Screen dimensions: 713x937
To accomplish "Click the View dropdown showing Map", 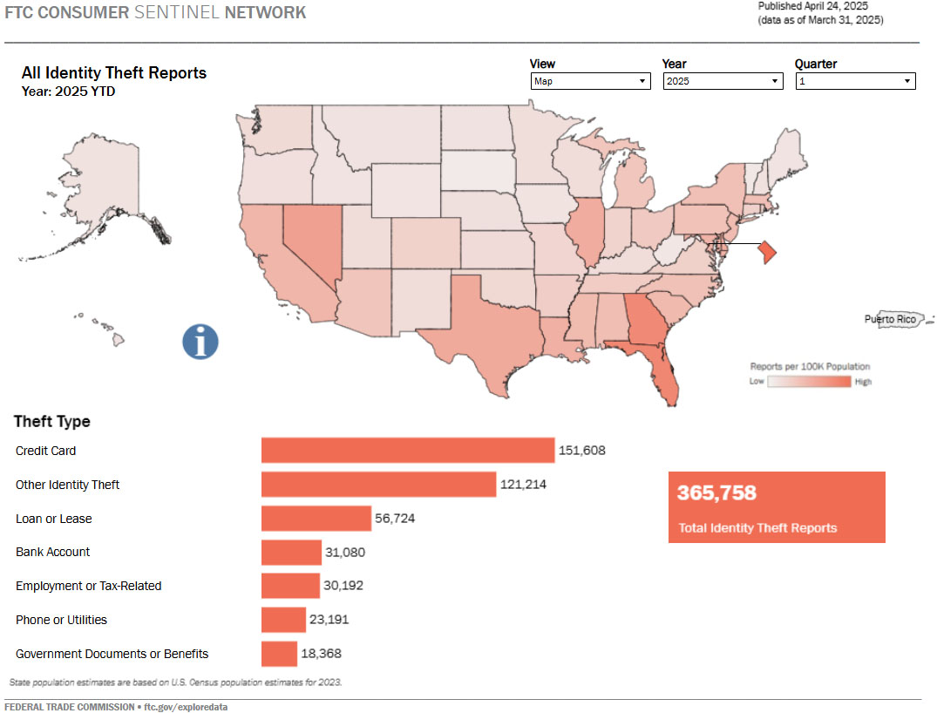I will coord(590,81).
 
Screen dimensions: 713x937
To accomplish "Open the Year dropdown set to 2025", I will coord(722,81).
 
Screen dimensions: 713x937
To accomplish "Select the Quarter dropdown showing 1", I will coord(854,81).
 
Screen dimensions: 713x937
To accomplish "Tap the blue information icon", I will coord(200,341).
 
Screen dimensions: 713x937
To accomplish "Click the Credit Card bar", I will coord(407,451).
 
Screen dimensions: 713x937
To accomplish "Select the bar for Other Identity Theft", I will coord(378,485).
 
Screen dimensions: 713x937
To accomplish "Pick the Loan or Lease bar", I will coord(316,519).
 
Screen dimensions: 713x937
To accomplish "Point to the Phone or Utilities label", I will coord(61,620).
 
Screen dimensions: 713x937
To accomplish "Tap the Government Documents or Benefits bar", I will coord(279,654).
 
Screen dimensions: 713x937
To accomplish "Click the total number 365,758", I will coord(716,493).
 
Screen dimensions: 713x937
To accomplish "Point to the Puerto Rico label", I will coord(890,319).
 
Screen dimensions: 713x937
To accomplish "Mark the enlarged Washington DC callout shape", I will coord(764,252).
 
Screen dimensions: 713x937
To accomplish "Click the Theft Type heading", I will coord(52,422).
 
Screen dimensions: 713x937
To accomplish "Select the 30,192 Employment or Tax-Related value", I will coord(343,586).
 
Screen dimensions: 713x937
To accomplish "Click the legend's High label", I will coord(863,382).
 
